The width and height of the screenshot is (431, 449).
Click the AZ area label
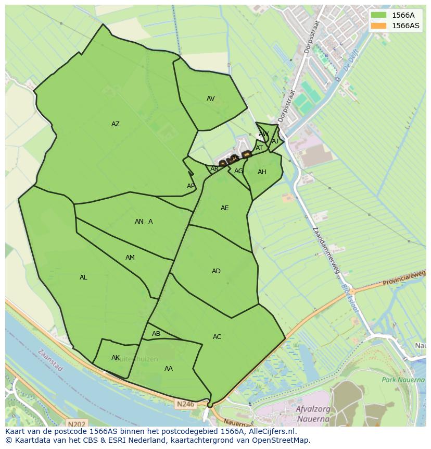pyautogui.click(x=116, y=124)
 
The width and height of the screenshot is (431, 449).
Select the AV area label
pyautogui.click(x=210, y=99)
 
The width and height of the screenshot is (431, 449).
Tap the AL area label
pyautogui.click(x=83, y=277)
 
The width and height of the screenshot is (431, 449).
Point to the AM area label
pyautogui.click(x=130, y=258)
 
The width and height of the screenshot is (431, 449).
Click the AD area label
pyautogui.click(x=216, y=271)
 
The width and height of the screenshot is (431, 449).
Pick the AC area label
pyautogui.click(x=217, y=337)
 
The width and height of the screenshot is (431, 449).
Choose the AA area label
pyautogui.click(x=168, y=369)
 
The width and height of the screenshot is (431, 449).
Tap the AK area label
pyautogui.click(x=116, y=358)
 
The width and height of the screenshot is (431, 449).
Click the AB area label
pyautogui.click(x=156, y=334)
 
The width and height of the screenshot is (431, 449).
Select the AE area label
pyautogui.click(x=224, y=208)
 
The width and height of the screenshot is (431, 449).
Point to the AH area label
pyautogui.click(x=262, y=172)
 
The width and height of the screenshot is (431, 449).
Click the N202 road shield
pyautogui.click(x=76, y=424)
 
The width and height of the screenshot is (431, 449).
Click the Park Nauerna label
pyautogui.click(x=403, y=380)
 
